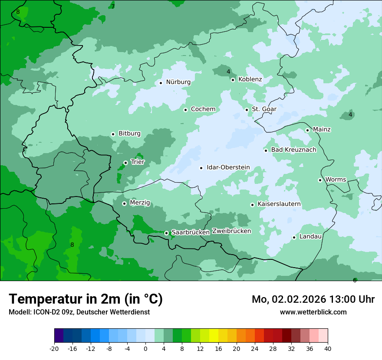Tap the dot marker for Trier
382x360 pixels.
[125, 163]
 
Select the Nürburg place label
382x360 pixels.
[178, 82]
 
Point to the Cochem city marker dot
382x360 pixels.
[185, 110]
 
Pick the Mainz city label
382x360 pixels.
[322, 130]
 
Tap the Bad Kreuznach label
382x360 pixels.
[293, 150]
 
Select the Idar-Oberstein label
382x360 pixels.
[228, 167]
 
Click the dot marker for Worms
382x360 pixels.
[320, 180]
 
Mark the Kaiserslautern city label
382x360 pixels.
[279, 204]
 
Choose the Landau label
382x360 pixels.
[310, 237]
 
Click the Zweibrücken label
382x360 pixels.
[231, 231]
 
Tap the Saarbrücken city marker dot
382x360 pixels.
[166, 233]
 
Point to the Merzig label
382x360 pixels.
[140, 203]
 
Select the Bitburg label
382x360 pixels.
[129, 134]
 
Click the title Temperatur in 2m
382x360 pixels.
[86, 299]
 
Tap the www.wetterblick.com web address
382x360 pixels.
[313, 312]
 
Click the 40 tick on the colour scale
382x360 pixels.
[328, 349]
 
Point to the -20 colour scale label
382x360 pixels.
[54, 349]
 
